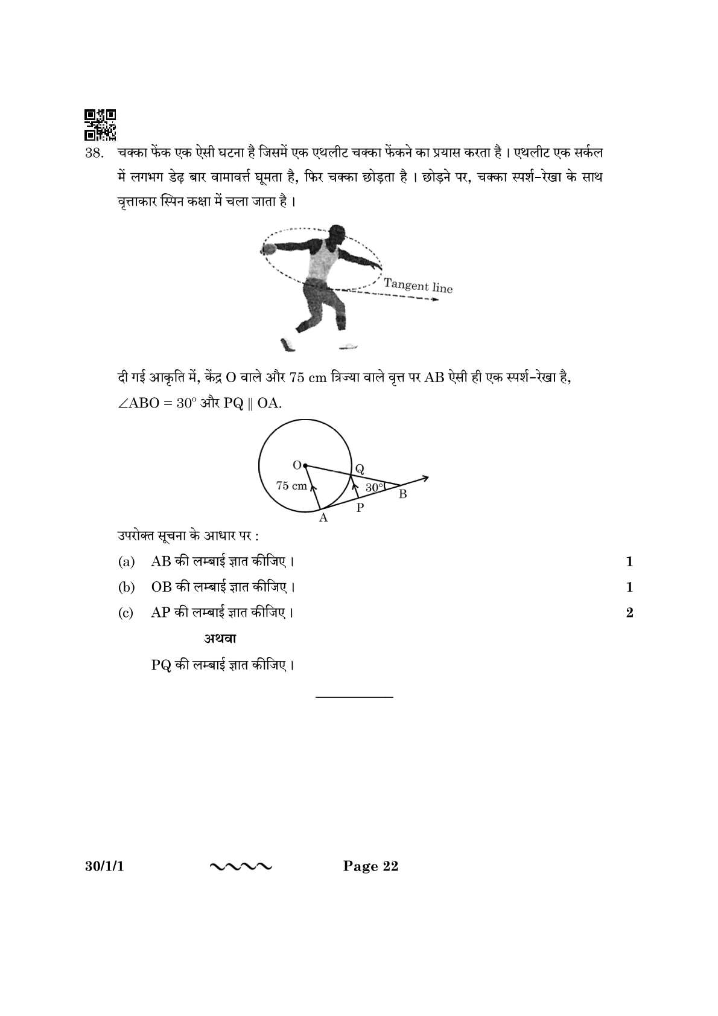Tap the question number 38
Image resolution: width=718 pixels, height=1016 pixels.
point(95,153)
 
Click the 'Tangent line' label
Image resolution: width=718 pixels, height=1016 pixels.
point(418,286)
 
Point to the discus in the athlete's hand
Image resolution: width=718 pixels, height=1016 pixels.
point(268,248)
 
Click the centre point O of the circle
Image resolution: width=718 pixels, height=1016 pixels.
point(305,465)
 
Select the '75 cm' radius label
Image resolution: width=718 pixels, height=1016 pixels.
point(291,485)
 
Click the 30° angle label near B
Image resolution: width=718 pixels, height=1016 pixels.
point(374,487)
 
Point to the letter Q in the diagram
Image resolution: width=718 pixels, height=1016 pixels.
point(360,468)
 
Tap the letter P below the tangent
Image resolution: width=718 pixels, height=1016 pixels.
point(360,508)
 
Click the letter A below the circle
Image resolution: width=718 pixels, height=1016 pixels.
point(323,518)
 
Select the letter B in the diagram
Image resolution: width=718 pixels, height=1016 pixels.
point(402,494)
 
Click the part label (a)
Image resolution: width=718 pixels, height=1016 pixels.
point(126,562)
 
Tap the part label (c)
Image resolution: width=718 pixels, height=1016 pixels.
point(125,613)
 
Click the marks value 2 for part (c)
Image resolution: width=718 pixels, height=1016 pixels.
point(629,613)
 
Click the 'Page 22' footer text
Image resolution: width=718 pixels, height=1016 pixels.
point(370,867)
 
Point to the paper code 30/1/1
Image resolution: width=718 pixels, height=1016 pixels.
point(101,867)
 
